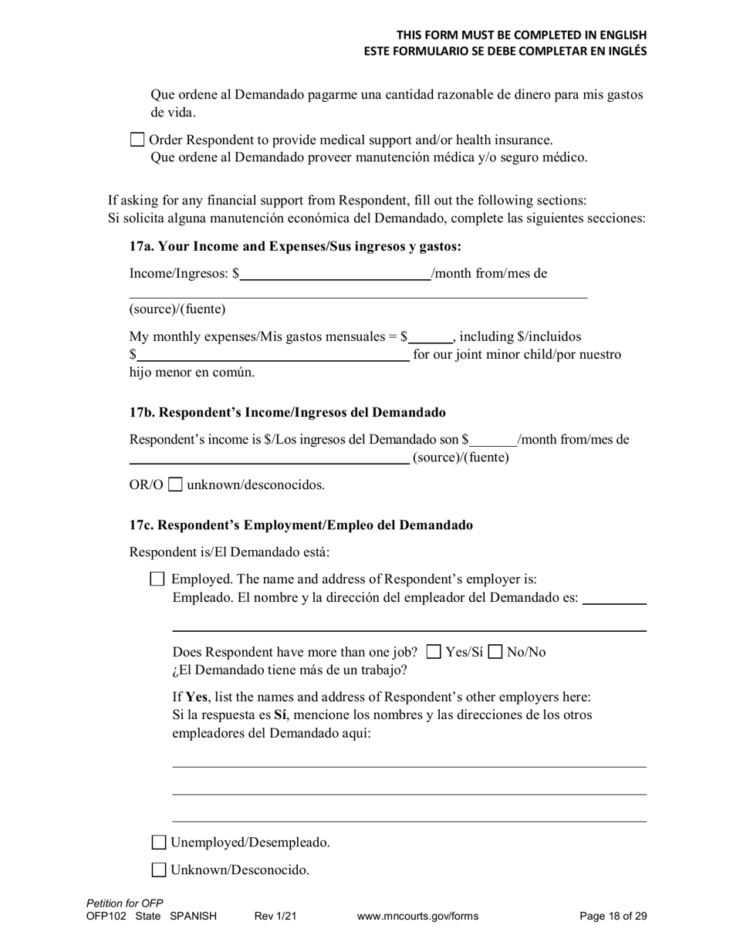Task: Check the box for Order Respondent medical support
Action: click(x=137, y=140)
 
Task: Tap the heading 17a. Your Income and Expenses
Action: click(x=296, y=246)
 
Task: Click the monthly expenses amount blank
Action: click(x=431, y=337)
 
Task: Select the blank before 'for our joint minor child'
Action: click(x=272, y=355)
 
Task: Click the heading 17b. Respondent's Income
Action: click(x=287, y=413)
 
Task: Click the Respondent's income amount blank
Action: click(x=493, y=440)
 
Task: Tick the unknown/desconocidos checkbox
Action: click(x=175, y=485)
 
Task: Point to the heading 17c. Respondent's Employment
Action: click(x=301, y=525)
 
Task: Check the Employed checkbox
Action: click(x=157, y=579)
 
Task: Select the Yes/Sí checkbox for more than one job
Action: click(x=434, y=652)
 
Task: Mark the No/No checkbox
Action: click(x=495, y=652)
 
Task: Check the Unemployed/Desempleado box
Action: click(x=158, y=843)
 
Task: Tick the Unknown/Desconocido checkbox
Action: click(x=158, y=870)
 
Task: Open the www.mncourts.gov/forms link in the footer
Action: click(x=417, y=917)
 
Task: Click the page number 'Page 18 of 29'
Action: click(x=613, y=917)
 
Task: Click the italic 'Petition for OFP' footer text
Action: click(x=125, y=903)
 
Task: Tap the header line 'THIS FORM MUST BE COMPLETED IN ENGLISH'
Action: click(x=522, y=35)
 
